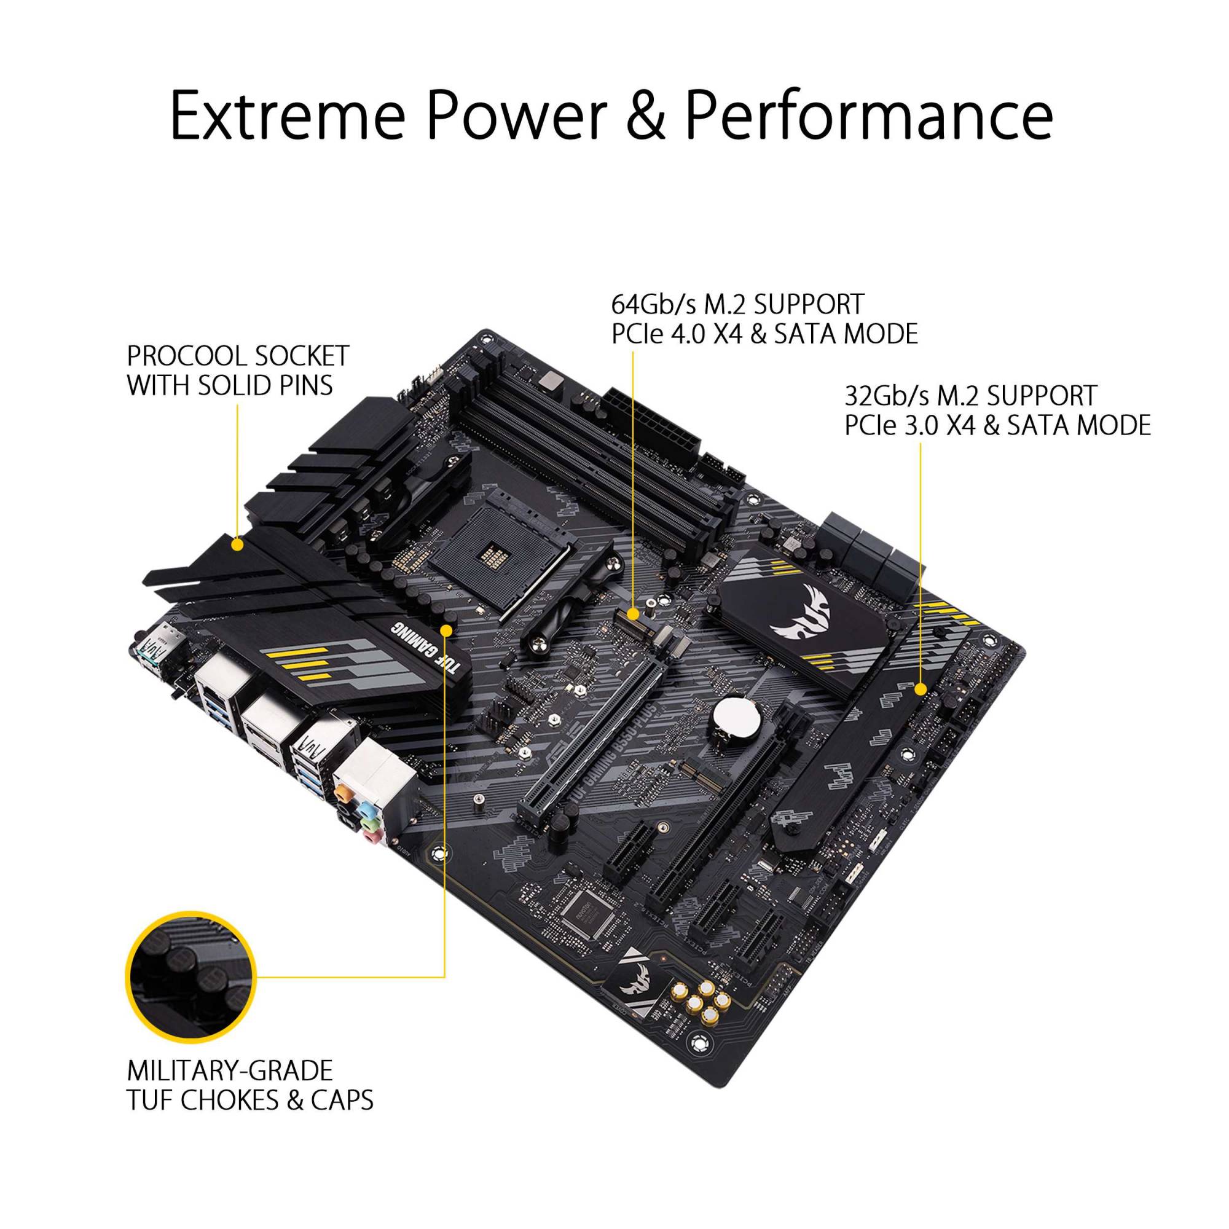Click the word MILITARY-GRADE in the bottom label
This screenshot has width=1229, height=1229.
click(230, 1070)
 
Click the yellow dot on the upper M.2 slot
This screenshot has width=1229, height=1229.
click(633, 614)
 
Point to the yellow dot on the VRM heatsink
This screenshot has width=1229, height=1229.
click(237, 527)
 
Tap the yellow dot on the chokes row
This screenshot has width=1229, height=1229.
click(446, 630)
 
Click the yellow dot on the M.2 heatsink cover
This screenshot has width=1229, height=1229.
click(920, 689)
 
